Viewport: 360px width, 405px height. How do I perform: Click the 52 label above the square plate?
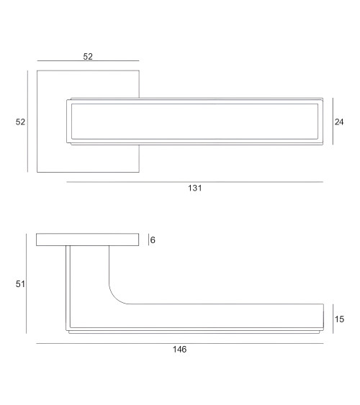point(88,57)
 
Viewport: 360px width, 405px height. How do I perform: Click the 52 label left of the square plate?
point(20,122)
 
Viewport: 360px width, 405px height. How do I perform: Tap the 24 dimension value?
point(339,122)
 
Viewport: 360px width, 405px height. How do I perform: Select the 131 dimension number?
point(195,188)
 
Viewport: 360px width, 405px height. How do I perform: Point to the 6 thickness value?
point(153,240)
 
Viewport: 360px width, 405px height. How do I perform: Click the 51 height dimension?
point(20,284)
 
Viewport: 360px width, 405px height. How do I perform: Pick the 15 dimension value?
point(339,319)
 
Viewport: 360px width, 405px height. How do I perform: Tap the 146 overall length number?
point(179,350)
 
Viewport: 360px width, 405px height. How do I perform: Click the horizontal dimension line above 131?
point(195,182)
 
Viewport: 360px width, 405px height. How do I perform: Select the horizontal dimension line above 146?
point(180,344)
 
